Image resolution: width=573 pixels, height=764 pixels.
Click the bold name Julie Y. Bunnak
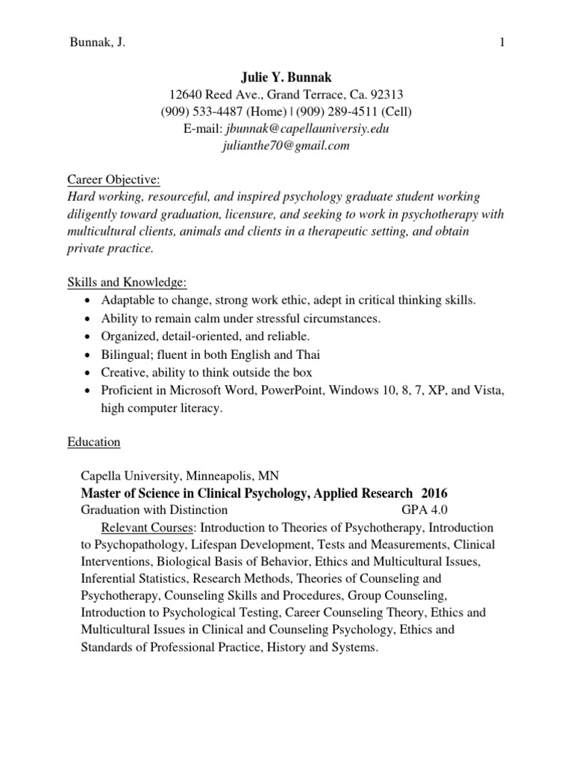pos(286,77)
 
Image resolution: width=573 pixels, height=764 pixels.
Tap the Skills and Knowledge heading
pos(127,283)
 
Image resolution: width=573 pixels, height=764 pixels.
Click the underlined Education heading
pos(94,442)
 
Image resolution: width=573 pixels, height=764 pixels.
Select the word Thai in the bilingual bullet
pos(309,354)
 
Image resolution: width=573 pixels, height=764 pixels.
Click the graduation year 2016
pos(435,493)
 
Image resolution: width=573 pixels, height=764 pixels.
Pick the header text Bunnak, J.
pos(97,43)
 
